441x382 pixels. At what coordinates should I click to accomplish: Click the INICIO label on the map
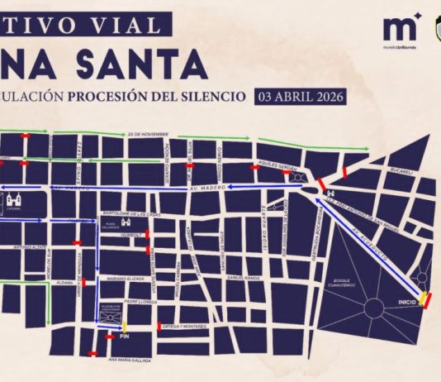click(x=407, y=302)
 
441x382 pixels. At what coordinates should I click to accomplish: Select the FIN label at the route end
click(x=126, y=337)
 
